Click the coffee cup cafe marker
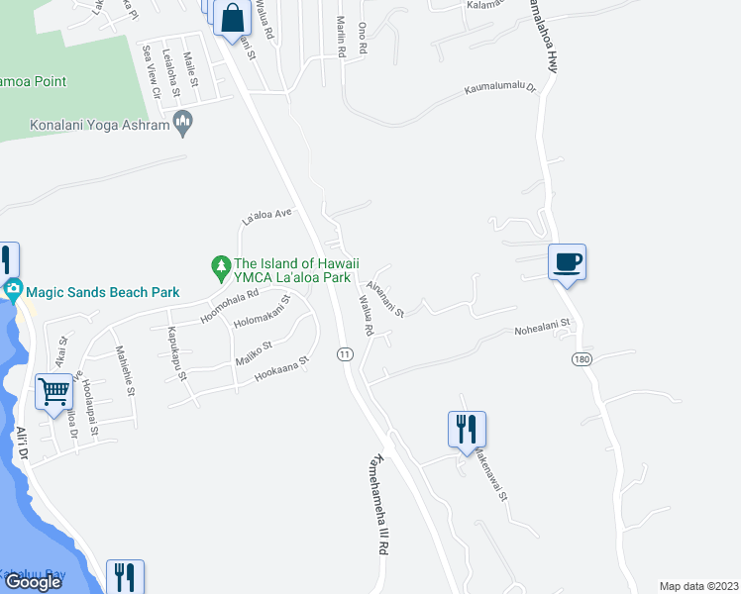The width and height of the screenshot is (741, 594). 567,262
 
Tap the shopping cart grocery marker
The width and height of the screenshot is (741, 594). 53,390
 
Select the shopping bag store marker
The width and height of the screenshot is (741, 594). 230,17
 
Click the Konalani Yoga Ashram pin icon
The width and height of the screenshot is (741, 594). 181,124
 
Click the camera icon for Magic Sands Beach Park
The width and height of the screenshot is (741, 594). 13,291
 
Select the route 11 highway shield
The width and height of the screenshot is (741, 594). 345,353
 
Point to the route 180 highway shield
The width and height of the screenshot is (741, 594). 582,357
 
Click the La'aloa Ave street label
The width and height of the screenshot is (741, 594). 268,214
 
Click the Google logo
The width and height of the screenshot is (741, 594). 33,582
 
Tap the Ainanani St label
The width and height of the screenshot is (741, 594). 385,299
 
